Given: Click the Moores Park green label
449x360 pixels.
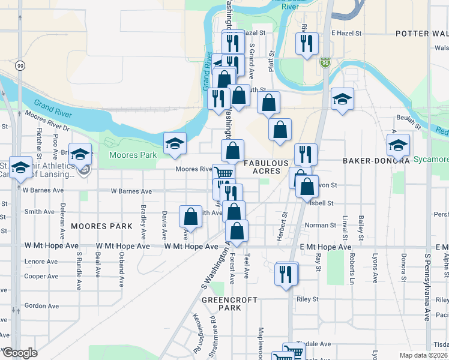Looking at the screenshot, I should [x=132, y=155].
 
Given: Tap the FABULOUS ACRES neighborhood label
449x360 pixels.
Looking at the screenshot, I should [x=262, y=167].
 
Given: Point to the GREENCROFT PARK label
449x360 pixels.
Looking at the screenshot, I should [x=229, y=304].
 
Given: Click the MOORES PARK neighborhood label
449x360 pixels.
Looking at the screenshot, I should [x=101, y=227].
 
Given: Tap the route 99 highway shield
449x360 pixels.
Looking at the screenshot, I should [x=20, y=65].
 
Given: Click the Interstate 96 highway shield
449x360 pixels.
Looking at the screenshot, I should [x=325, y=62].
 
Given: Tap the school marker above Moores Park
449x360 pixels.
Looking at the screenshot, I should [x=175, y=143].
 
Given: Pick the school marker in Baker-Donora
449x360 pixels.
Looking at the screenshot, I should [x=397, y=145].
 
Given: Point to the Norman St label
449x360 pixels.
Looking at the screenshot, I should [x=320, y=225].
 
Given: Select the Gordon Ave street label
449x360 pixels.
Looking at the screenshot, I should [x=41, y=305].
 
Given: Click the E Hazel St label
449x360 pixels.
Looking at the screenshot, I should [x=346, y=34].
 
